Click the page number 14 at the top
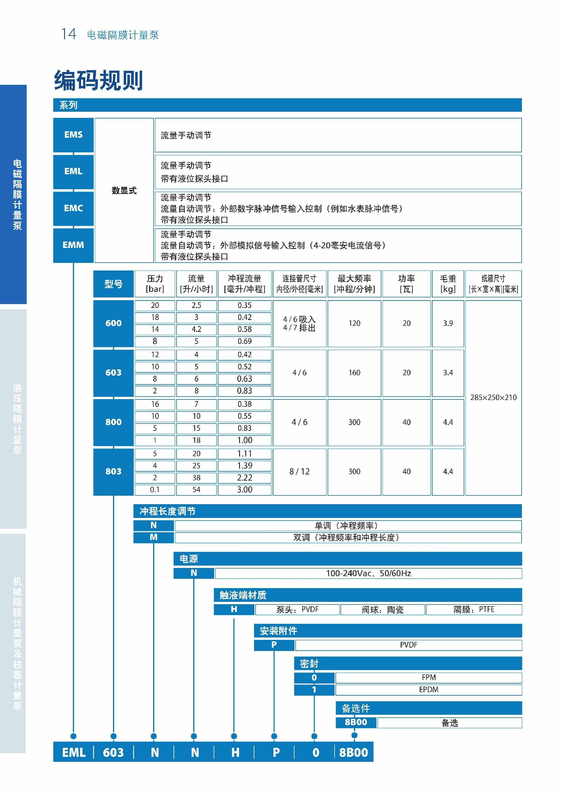[68, 34]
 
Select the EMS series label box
[73, 135]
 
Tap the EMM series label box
[73, 245]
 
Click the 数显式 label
[124, 191]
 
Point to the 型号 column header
[114, 284]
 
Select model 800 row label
[114, 422]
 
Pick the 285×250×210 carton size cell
[493, 397]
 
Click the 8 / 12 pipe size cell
[299, 471]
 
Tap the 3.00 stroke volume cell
[245, 489]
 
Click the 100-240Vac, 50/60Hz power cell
[368, 573]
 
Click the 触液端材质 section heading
[243, 595]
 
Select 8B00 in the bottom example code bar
[353, 752]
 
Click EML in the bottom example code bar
[73, 752]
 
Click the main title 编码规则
[99, 81]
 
